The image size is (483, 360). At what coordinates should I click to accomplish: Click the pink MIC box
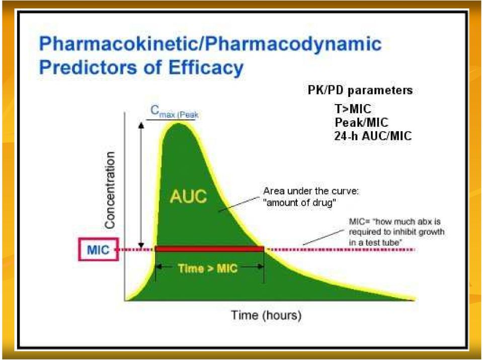[x=98, y=249]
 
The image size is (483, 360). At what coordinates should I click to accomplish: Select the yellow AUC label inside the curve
[x=188, y=196]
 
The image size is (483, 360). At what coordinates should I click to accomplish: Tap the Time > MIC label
[x=208, y=268]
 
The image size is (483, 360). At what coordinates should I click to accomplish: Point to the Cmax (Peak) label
[x=174, y=112]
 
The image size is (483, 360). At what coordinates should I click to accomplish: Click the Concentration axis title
[x=110, y=190]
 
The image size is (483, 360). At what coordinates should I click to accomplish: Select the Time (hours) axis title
[x=266, y=315]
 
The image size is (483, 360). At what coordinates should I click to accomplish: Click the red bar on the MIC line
[x=210, y=249]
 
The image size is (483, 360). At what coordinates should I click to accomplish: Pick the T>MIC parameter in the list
[x=353, y=109]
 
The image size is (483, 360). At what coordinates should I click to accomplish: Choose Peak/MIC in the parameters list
[x=362, y=122]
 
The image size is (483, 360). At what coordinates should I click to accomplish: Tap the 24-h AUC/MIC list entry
[x=373, y=136]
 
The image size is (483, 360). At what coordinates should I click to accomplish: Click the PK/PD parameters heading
[x=360, y=90]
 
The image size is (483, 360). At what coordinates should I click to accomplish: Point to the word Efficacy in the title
[x=206, y=67]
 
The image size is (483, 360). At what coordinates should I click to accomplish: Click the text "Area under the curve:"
[x=311, y=191]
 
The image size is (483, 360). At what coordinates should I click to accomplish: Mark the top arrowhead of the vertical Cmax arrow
[x=141, y=124]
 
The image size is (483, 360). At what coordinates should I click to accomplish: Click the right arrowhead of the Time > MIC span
[x=261, y=266]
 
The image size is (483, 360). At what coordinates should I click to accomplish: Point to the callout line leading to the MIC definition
[x=324, y=237]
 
